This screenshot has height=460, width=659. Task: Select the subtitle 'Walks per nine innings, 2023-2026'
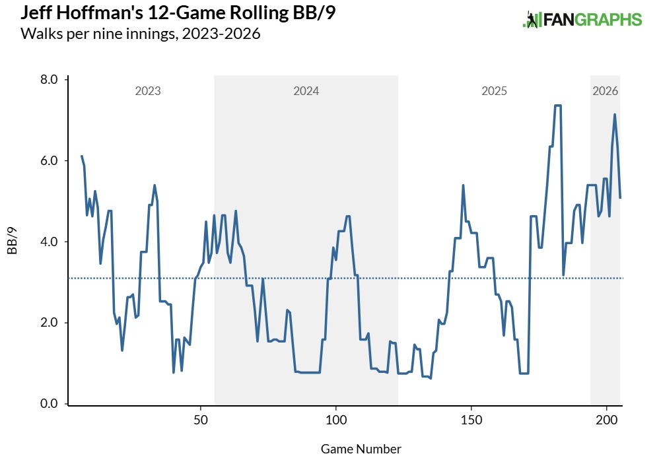pyautogui.click(x=141, y=34)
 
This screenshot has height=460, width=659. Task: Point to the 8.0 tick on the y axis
pyautogui.click(x=50, y=80)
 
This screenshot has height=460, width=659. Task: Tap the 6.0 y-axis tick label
pyautogui.click(x=50, y=161)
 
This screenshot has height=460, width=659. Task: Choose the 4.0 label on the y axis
pyautogui.click(x=50, y=242)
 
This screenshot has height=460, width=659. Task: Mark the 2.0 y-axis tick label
pyautogui.click(x=50, y=323)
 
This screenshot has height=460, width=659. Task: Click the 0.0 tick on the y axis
pyautogui.click(x=50, y=404)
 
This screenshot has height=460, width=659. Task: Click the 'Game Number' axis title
pyautogui.click(x=361, y=449)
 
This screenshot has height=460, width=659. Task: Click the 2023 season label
pyautogui.click(x=148, y=91)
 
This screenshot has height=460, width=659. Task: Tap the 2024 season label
pyautogui.click(x=306, y=91)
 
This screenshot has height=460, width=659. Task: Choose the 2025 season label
pyautogui.click(x=494, y=91)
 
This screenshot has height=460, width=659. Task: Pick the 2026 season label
pyautogui.click(x=606, y=91)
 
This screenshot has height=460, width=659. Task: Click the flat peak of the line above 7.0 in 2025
pyautogui.click(x=557, y=106)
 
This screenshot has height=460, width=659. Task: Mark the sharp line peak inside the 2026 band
pyautogui.click(x=615, y=115)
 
